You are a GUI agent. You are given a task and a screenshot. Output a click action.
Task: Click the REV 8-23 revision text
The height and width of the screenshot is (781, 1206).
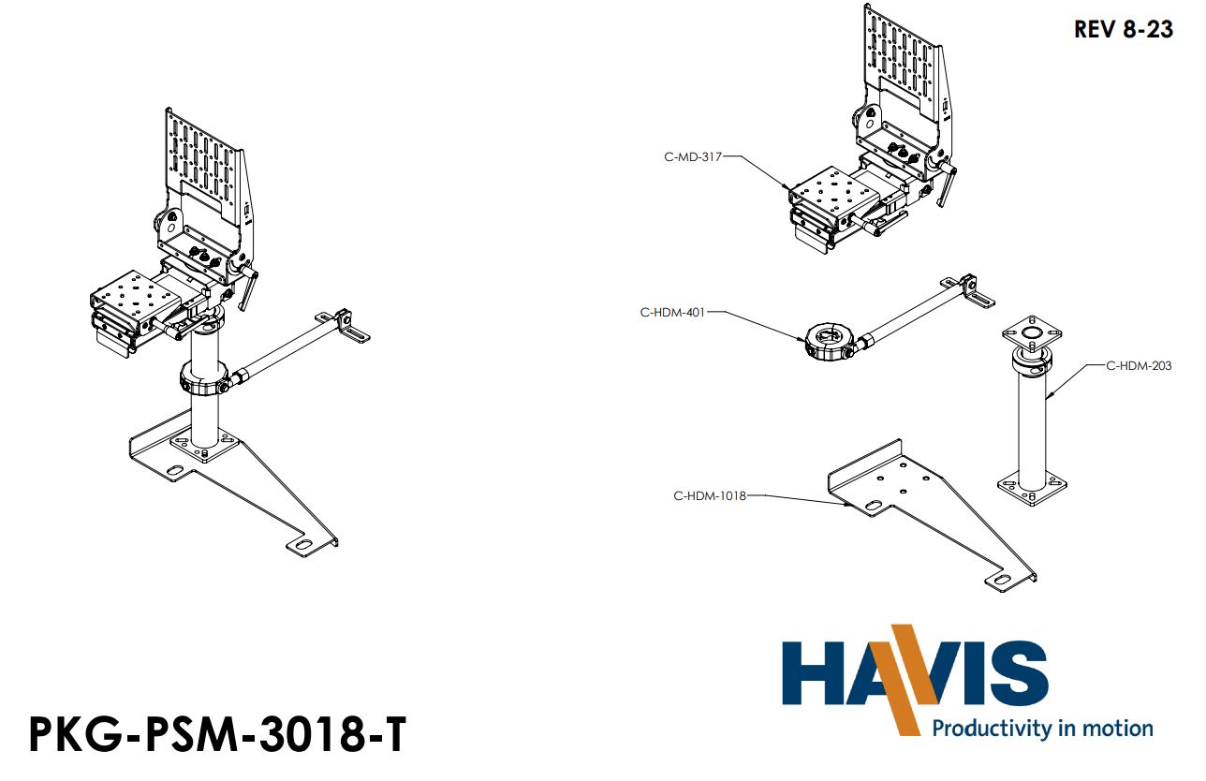pos(1123,29)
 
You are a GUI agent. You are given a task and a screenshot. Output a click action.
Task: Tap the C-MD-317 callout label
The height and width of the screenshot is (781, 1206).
pos(693,157)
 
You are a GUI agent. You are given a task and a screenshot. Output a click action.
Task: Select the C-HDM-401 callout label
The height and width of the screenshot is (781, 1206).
pos(671,313)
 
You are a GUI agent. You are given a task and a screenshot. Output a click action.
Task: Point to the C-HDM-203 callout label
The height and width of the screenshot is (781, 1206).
pos(1139,365)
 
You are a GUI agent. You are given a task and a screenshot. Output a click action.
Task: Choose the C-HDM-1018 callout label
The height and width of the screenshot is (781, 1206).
pos(710,495)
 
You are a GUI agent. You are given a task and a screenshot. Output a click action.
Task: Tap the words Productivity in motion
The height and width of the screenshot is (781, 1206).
pos(1042,728)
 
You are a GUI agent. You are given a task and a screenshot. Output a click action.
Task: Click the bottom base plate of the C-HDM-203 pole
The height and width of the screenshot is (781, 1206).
pos(1031,489)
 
